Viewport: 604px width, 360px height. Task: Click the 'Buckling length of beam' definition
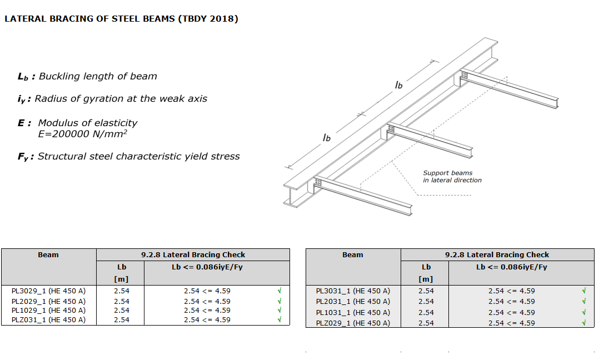[98, 77]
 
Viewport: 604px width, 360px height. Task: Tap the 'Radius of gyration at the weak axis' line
[121, 99]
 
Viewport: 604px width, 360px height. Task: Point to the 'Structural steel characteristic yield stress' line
[138, 157]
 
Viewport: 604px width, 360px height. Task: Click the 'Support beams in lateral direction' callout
[452, 177]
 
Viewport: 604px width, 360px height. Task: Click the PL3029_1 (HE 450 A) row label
[48, 291]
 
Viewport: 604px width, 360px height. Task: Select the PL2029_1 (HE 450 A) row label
[48, 302]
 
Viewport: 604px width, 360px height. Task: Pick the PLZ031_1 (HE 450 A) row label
[48, 319]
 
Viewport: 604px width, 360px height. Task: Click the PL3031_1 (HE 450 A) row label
[353, 291]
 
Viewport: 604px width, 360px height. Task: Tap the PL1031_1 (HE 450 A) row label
[353, 312]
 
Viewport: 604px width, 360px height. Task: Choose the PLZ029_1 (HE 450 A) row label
[353, 323]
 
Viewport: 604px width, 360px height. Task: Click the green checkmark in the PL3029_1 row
[279, 291]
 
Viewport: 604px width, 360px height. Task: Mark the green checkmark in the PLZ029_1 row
[584, 323]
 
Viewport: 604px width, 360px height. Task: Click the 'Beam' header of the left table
[48, 255]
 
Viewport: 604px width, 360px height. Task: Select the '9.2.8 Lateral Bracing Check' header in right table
[497, 255]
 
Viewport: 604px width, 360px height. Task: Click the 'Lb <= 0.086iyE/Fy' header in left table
[207, 267]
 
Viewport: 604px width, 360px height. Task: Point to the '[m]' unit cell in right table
[426, 279]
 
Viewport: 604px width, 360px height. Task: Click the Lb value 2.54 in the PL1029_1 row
[122, 311]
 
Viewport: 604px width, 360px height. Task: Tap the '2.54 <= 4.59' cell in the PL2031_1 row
[511, 302]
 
